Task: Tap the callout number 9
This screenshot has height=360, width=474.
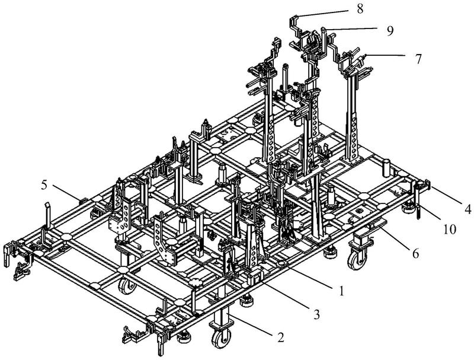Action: pyautogui.click(x=390, y=31)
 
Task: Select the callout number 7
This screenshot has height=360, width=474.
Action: pyautogui.click(x=418, y=59)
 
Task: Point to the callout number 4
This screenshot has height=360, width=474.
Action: pyautogui.click(x=468, y=209)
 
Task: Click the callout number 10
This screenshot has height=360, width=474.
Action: pyautogui.click(x=450, y=230)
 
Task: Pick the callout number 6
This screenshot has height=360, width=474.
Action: pyautogui.click(x=416, y=253)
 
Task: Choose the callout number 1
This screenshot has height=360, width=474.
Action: pyautogui.click(x=341, y=291)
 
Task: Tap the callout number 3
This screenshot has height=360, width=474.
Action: pyautogui.click(x=316, y=315)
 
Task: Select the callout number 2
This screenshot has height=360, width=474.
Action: pyautogui.click(x=281, y=337)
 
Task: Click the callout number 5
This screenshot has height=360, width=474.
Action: pyautogui.click(x=44, y=185)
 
